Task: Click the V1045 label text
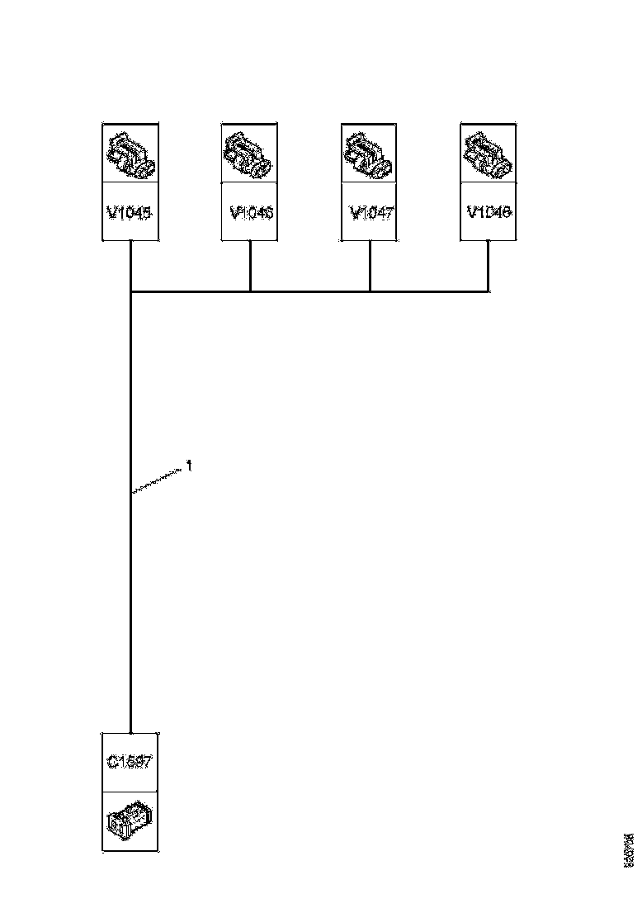coord(130,213)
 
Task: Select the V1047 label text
coord(371,213)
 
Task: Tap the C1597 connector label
coord(130,762)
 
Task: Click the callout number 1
coord(189,466)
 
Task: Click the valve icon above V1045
coord(130,154)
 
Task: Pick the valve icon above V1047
coord(368,154)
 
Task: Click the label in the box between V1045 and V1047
coord(251,213)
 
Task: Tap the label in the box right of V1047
coord(489,212)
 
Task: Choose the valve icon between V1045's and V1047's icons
coord(250,154)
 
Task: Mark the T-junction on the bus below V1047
coord(370,291)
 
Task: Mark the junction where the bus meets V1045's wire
coord(131,291)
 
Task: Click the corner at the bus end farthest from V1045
coord(489,291)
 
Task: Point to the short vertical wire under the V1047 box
coord(370,266)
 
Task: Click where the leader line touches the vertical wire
coord(132,493)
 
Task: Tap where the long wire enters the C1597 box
coord(131,732)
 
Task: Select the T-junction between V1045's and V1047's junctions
coord(250,291)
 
